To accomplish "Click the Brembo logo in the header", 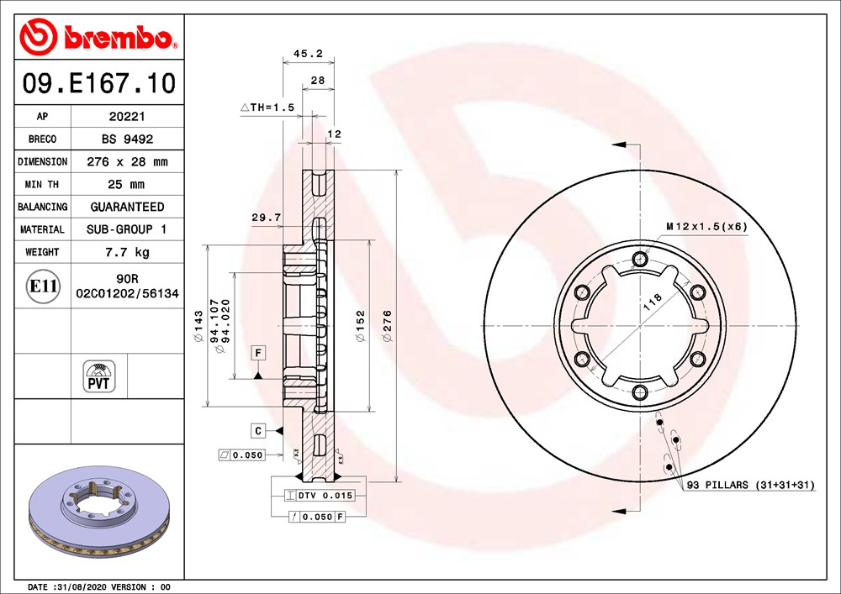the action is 98,36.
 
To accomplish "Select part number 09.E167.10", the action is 98,83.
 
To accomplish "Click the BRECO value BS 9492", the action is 127,139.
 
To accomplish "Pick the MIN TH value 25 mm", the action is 126,184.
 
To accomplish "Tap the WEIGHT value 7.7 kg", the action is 127,252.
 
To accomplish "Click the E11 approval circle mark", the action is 42,286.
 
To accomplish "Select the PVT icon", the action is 98,376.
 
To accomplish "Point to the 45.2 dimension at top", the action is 308,54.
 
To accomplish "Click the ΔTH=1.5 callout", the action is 267,108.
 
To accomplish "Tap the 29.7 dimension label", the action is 266,218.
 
